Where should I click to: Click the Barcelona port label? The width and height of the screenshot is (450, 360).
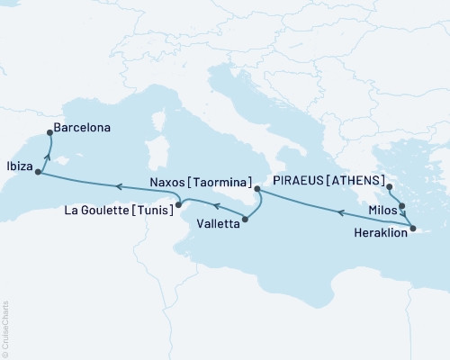(x=82, y=129)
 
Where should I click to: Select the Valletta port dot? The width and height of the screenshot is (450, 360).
(x=245, y=219)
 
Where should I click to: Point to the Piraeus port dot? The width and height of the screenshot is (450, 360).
(x=390, y=188)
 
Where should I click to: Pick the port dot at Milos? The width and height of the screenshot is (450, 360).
(x=401, y=206)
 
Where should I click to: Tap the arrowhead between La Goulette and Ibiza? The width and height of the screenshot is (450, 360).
(x=117, y=185)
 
